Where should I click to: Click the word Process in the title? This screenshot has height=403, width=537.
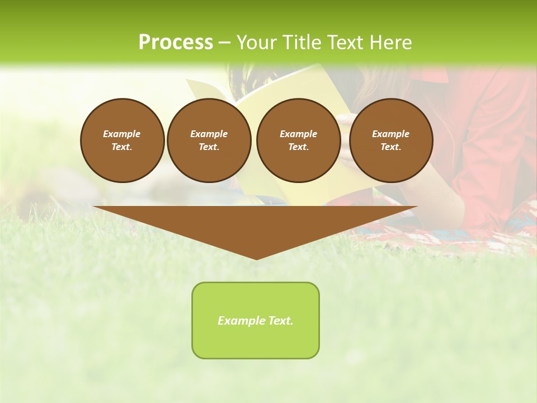click(176, 43)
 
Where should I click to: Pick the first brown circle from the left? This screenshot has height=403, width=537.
click(122, 140)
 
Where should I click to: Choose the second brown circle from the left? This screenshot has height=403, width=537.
click(209, 140)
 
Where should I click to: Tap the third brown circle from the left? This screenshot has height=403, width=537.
click(298, 140)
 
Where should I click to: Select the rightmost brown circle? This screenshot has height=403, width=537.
click(390, 140)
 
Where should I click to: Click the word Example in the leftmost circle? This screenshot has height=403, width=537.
click(122, 134)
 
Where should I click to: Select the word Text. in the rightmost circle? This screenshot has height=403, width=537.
click(390, 147)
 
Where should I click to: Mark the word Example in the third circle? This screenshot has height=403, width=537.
click(298, 134)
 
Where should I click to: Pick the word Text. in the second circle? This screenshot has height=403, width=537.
click(209, 147)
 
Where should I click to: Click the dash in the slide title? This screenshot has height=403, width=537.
click(224, 43)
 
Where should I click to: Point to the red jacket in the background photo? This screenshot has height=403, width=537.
click(492, 140)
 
